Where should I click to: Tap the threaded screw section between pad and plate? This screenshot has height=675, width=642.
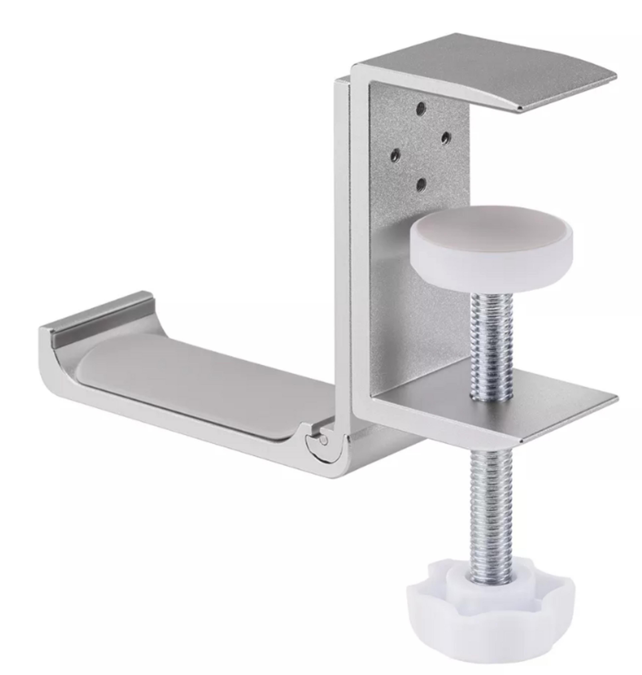492,346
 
